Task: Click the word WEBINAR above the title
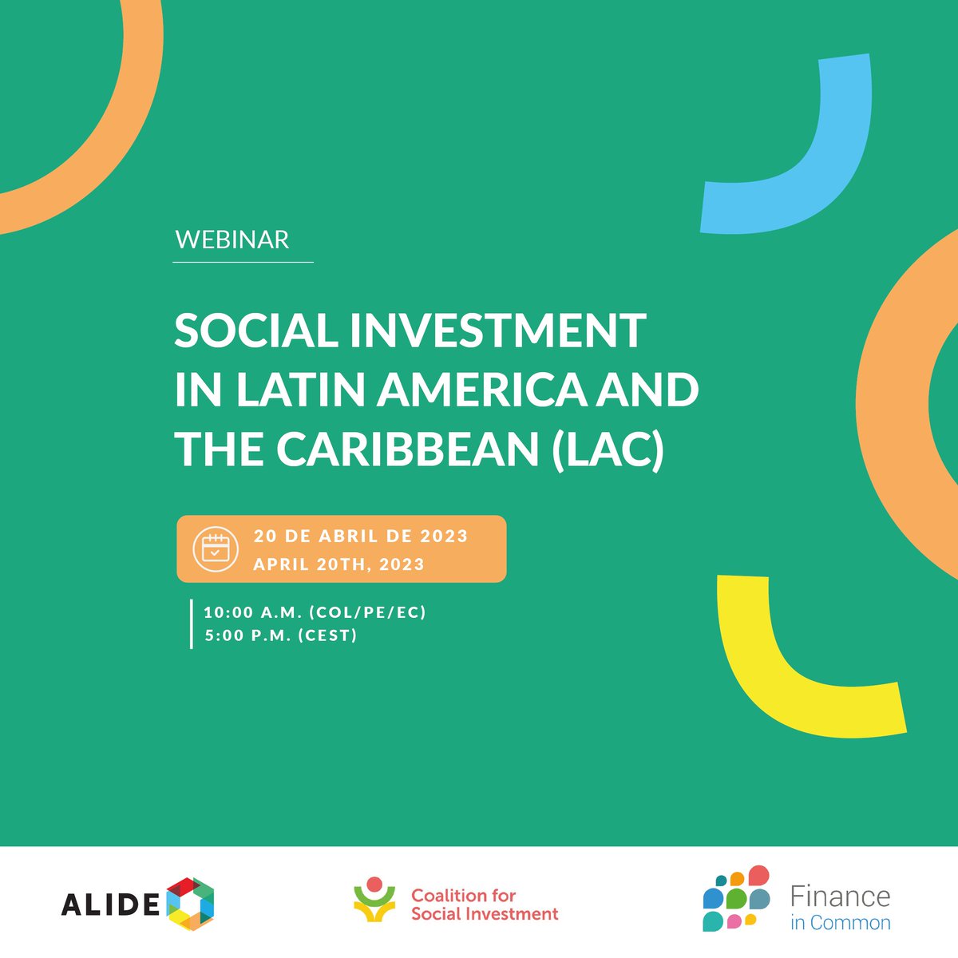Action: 232,239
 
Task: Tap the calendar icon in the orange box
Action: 215,548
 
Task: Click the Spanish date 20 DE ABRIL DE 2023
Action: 361,536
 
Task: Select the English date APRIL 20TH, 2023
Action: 338,564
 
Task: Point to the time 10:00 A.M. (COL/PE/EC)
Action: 315,612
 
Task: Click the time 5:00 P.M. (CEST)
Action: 281,636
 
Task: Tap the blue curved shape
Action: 806,160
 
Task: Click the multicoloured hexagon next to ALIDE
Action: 191,903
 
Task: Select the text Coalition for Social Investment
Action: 485,905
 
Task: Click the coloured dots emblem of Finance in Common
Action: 736,899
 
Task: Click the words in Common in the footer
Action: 840,923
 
